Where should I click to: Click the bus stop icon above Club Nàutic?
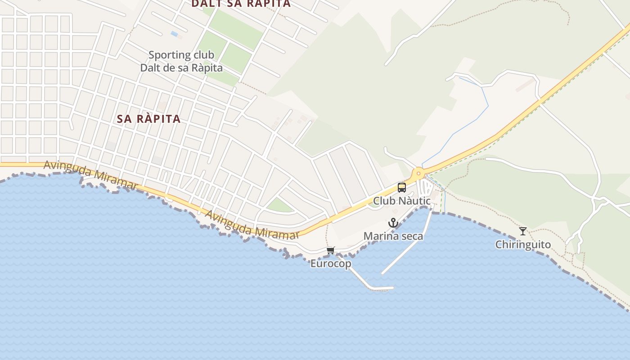tap(402, 188)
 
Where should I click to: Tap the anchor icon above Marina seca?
tap(393, 223)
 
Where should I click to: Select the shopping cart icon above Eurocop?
tap(331, 250)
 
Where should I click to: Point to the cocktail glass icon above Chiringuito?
tap(522, 231)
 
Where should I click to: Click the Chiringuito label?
tap(523, 245)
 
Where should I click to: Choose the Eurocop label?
tap(331, 264)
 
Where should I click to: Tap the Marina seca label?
tap(393, 236)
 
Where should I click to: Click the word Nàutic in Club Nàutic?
tap(413, 201)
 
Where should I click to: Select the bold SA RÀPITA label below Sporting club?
tap(148, 119)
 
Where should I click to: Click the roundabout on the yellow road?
tap(418, 174)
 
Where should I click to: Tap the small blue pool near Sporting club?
tap(174, 34)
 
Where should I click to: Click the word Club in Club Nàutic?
tap(382, 201)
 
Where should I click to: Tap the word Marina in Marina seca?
tap(379, 236)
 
